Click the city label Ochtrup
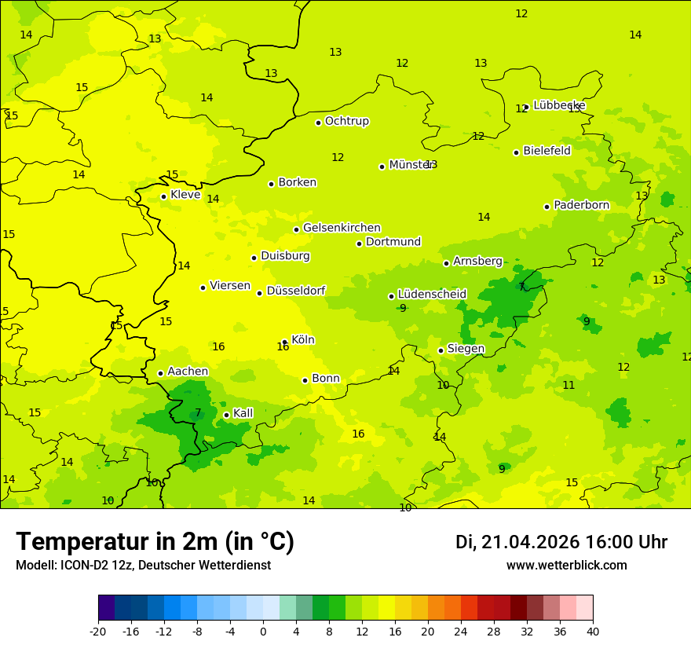click(346, 121)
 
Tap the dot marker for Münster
click(382, 167)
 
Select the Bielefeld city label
click(547, 150)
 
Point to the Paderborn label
click(581, 205)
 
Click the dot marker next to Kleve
click(163, 196)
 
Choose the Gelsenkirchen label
click(342, 228)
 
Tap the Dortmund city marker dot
click(359, 244)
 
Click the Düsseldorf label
click(295, 291)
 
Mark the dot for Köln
click(284, 342)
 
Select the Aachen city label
click(188, 372)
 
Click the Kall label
click(243, 413)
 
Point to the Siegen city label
click(466, 349)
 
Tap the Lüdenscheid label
click(432, 295)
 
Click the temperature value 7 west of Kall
click(198, 412)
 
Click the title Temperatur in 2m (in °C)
click(155, 541)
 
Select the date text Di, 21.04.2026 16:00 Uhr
click(561, 542)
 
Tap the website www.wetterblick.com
click(566, 566)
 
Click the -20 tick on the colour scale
click(97, 631)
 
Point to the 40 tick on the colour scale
click(593, 631)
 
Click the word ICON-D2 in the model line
click(81, 566)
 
